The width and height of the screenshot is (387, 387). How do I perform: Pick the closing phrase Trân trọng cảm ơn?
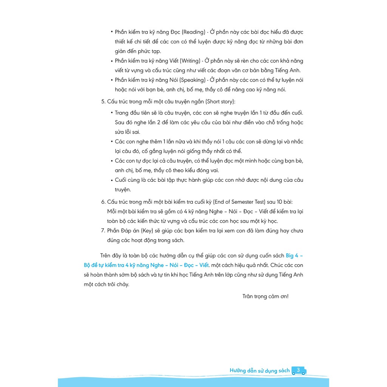(265, 296)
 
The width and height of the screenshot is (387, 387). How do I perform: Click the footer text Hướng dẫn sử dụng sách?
(260, 371)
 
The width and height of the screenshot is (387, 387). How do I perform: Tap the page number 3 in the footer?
(298, 370)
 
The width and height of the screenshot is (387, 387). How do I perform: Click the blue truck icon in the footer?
(299, 371)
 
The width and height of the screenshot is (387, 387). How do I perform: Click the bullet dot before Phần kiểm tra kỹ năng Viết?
(112, 61)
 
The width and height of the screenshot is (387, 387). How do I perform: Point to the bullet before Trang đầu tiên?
(112, 113)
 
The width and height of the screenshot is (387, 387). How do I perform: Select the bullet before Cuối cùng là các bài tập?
(112, 180)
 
